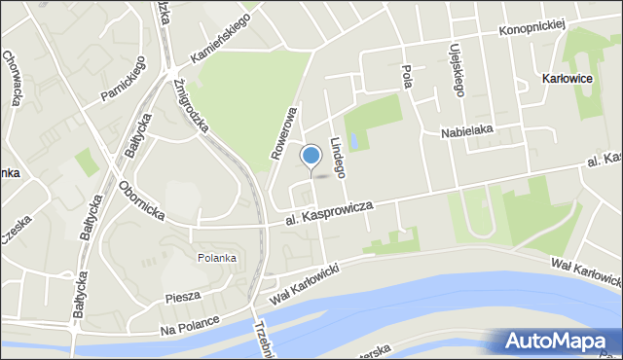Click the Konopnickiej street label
click(x=532, y=28)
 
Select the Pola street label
click(x=407, y=76)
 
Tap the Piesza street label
click(x=182, y=295)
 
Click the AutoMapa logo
click(x=556, y=342)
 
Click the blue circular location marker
click(x=311, y=156)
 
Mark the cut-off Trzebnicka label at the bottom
click(x=260, y=341)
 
